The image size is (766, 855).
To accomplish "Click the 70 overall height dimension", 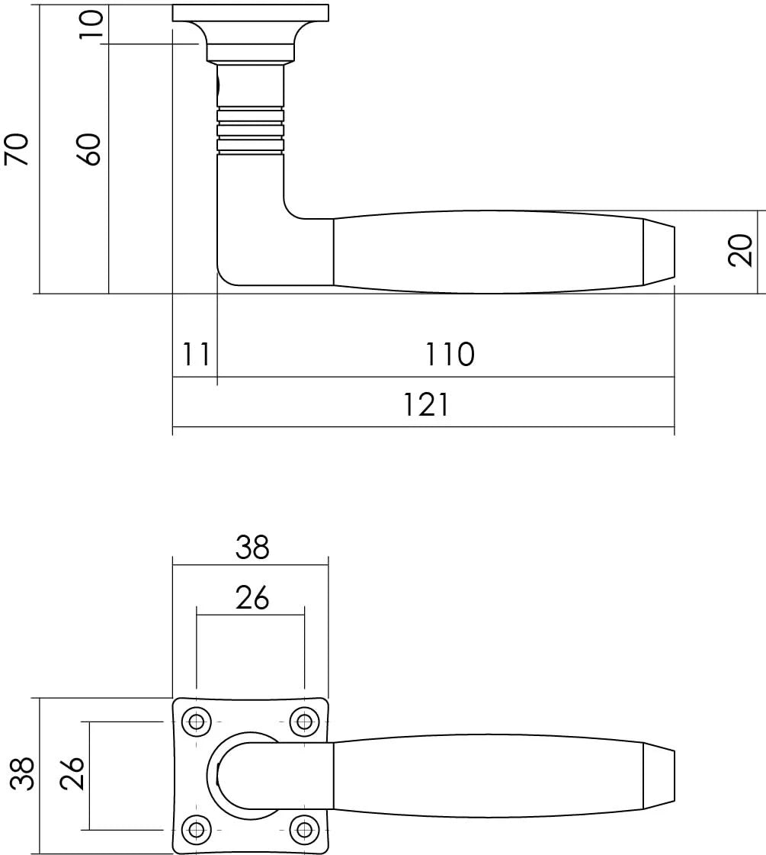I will click(x=16, y=148).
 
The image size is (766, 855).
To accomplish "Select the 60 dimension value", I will click(x=90, y=149).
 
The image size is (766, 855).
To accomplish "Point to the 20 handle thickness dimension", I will click(x=740, y=249).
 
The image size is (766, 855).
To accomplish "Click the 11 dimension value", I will click(x=196, y=355).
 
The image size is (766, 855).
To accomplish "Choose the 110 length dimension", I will click(x=449, y=355).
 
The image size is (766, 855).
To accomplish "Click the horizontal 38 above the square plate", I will click(x=252, y=547).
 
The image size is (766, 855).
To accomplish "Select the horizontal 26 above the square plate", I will click(x=252, y=598).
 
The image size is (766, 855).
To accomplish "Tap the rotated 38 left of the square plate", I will click(x=22, y=773).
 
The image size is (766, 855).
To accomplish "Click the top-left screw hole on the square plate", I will click(x=197, y=721).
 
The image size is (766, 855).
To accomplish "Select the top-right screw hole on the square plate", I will click(x=305, y=721).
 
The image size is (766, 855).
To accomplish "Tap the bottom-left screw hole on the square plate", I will click(x=197, y=829).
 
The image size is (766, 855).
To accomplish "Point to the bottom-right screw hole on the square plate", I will click(x=305, y=829).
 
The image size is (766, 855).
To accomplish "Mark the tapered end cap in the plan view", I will click(x=659, y=775).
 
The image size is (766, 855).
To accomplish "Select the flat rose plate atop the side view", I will click(x=251, y=13).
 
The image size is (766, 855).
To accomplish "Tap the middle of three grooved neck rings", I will click(x=251, y=130).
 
